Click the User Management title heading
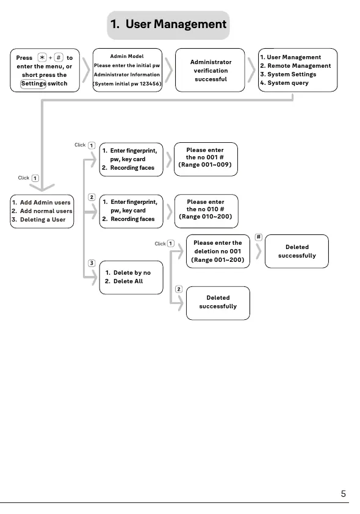pos(168,24)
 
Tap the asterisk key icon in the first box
pos(42,57)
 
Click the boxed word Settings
pos(33,84)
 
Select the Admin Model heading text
pos(127,56)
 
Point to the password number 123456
pos(150,84)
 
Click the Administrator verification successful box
pos(210,70)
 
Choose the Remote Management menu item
pos(295,65)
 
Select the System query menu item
pos(284,83)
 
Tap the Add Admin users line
pos(41,202)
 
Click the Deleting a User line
pos(38,220)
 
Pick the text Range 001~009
pos(205,165)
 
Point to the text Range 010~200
pos(206,216)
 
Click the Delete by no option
pos(128,273)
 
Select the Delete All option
pos(124,281)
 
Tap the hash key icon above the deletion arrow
pos(259,237)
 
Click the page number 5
pos(344,494)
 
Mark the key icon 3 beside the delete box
pos(92,263)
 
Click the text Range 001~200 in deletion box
pos(218,260)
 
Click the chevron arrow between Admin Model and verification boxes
pos(168,70)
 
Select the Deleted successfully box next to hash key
pos(297,252)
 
